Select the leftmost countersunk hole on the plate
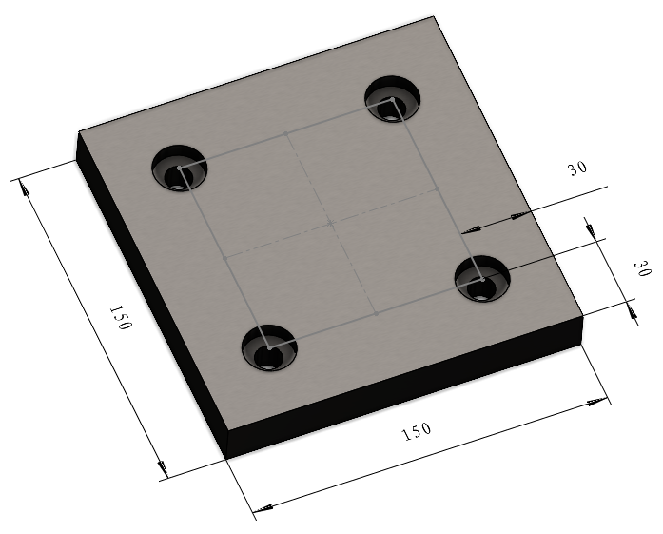point(178,169)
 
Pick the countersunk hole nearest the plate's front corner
point(269,347)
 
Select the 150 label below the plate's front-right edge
point(417,431)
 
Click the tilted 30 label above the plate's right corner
point(577,168)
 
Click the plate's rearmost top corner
point(437,17)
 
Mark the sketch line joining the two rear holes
point(285,134)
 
